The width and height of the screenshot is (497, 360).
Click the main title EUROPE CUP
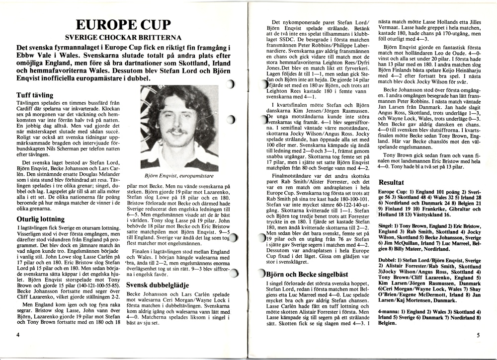point(121,24)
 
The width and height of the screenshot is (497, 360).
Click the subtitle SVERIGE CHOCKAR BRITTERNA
point(121,37)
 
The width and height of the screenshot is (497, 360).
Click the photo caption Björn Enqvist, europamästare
point(179,176)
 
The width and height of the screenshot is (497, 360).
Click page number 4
point(18,335)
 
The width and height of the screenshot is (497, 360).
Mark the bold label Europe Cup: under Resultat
point(394,192)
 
